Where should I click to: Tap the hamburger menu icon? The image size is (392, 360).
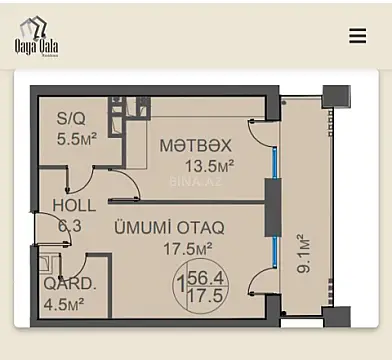click(x=357, y=36)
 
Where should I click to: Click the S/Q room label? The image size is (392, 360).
click(x=72, y=118)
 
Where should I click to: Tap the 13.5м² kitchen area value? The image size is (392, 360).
click(x=208, y=165)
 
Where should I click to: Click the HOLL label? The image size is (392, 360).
click(x=74, y=206)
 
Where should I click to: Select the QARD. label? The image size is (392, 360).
click(x=70, y=283)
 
